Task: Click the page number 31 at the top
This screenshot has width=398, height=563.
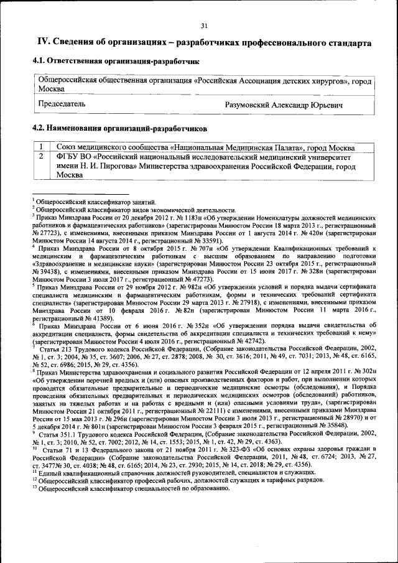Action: [x=203, y=26]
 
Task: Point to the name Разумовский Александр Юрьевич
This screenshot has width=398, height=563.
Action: [x=284, y=105]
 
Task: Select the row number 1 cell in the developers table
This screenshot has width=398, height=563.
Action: [x=40, y=147]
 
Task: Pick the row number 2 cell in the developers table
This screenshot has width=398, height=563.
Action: [x=40, y=157]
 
